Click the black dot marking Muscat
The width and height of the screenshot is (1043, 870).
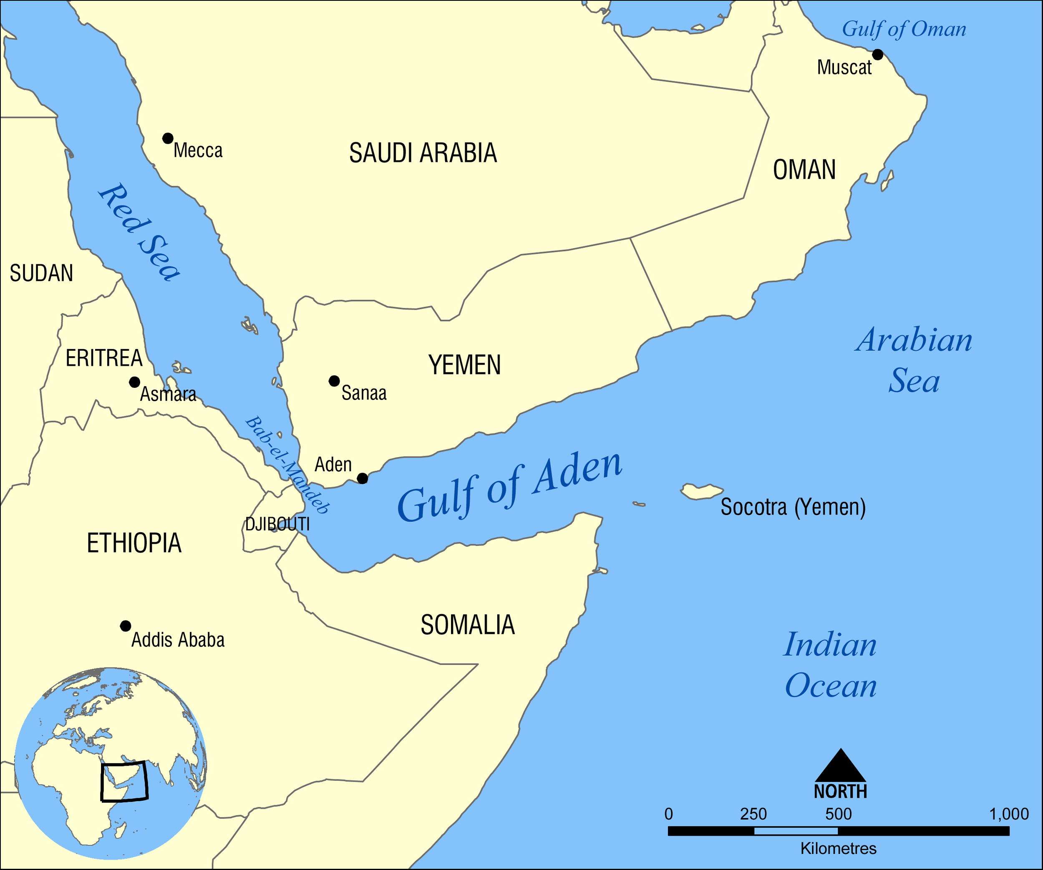point(878,55)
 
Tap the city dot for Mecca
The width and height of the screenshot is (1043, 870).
point(168,138)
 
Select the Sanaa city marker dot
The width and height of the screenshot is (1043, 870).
point(334,381)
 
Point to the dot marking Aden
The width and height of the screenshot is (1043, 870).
point(363,478)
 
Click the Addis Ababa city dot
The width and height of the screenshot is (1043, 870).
point(126,626)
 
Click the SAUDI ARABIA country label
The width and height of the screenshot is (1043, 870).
point(423,153)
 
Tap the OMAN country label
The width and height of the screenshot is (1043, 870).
point(804,170)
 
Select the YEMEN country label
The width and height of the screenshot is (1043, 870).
point(464,365)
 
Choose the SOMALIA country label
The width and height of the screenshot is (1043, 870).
point(467,625)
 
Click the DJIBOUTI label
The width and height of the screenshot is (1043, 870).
point(277,524)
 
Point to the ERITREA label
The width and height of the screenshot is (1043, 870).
point(104,358)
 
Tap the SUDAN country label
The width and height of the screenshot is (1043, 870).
point(42,273)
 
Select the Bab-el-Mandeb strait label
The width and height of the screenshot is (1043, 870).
point(287,464)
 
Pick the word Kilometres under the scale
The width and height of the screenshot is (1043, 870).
point(839,848)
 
